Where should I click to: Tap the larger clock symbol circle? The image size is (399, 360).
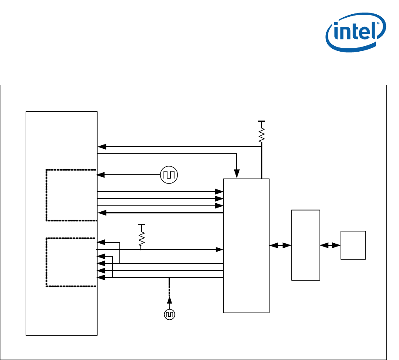tap(169, 175)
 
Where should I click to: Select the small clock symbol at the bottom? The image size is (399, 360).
tap(169, 314)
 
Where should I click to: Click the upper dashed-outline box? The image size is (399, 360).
tap(71, 195)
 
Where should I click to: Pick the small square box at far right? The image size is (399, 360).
tap(353, 245)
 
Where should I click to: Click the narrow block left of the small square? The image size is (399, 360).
tap(306, 245)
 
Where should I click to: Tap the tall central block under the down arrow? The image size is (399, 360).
tap(246, 245)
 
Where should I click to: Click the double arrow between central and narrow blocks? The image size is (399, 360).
tap(280, 245)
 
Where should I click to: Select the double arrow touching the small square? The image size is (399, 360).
tap(330, 245)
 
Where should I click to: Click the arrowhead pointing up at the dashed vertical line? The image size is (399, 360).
tap(169, 300)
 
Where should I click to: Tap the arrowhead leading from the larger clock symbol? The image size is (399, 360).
tap(101, 175)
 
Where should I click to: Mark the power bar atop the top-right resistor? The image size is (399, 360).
tap(262, 121)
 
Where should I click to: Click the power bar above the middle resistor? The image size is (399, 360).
tap(142, 225)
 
